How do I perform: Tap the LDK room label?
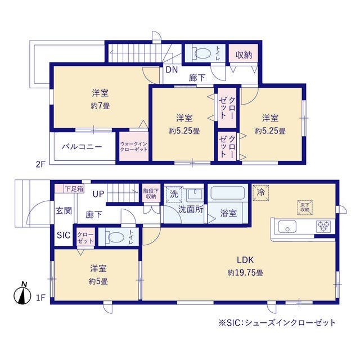tap(245, 260)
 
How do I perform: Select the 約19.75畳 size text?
tap(245, 273)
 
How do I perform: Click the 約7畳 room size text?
tap(100, 106)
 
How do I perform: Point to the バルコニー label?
tap(82, 147)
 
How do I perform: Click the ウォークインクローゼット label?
tap(134, 146)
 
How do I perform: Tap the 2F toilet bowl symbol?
tap(202, 53)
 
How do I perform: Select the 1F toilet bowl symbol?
tap(116, 237)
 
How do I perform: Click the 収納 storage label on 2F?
tap(244, 55)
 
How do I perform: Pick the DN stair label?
tap(172, 70)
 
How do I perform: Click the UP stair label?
tap(98, 194)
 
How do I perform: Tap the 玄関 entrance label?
tap(64, 210)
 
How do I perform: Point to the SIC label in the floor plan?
tap(64, 235)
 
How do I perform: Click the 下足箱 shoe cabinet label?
tap(74, 189)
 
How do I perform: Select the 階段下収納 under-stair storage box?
tap(151, 193)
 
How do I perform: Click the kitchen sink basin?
tap(287, 226)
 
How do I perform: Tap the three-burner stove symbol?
tap(323, 226)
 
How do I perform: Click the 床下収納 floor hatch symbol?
tap(305, 208)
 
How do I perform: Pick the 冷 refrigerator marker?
tap(260, 192)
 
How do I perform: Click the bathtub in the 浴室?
tap(227, 193)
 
